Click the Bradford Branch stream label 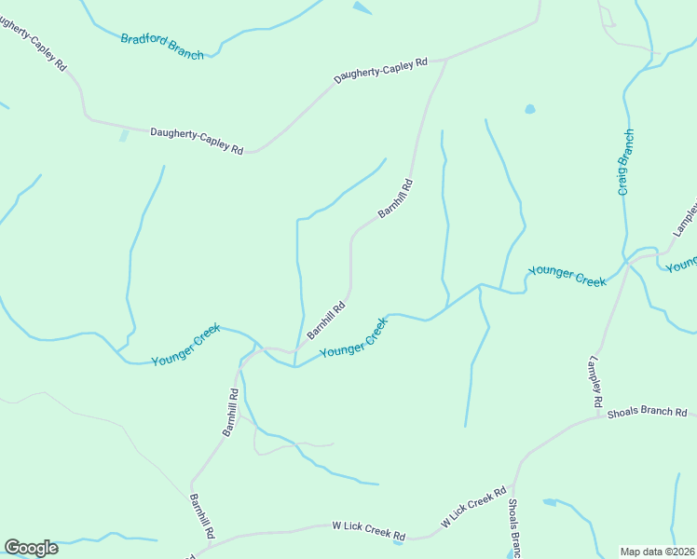point(161,47)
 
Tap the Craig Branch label point(626,162)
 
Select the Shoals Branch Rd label point(646,412)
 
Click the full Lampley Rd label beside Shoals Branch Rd point(594,382)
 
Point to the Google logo point(31,548)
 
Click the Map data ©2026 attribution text point(658,551)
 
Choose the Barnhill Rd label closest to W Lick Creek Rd point(202,516)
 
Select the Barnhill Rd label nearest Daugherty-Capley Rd point(395,198)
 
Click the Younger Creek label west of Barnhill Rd point(185,344)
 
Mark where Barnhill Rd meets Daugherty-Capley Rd point(446,60)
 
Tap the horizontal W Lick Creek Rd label point(369,531)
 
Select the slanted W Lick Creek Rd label point(473,507)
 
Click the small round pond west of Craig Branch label point(530,109)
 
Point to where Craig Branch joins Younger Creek point(625,261)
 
